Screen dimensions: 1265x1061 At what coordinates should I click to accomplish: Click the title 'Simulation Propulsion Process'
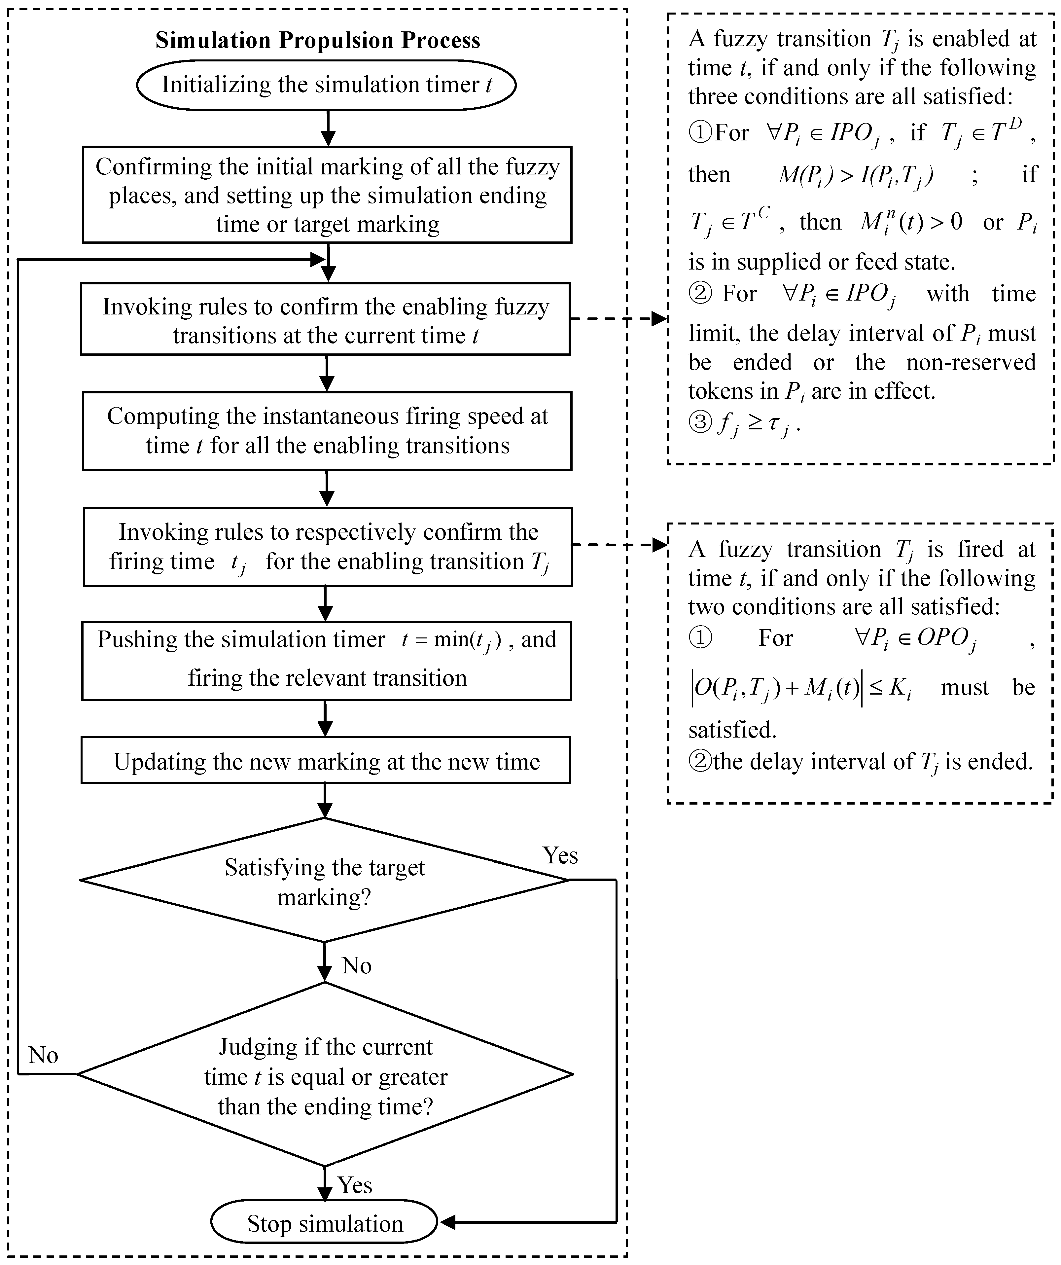pos(318,40)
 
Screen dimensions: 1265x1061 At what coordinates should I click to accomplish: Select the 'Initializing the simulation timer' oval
pos(326,84)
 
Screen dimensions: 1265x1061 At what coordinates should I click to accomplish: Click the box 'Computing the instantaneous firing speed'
pos(327,431)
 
